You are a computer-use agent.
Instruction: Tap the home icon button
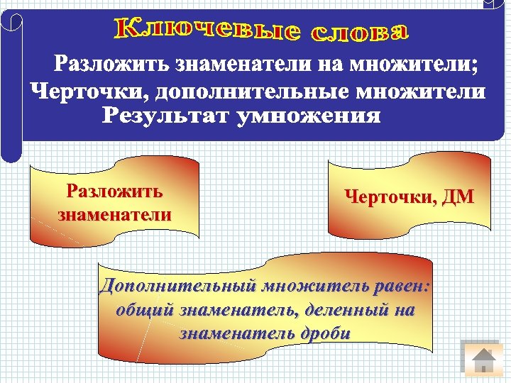[x=484, y=360]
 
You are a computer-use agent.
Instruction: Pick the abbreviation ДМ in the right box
[x=456, y=197]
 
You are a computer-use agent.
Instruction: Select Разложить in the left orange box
[x=114, y=191]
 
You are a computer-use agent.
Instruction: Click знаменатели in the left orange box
[x=114, y=214]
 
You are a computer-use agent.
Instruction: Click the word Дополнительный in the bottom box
[x=177, y=287]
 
